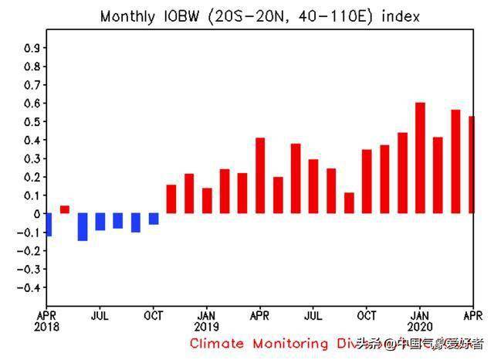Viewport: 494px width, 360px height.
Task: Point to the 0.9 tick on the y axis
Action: [32, 48]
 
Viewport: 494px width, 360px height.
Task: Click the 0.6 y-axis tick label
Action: [32, 104]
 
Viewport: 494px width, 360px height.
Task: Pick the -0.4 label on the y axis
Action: [29, 287]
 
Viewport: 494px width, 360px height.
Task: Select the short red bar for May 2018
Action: [65, 209]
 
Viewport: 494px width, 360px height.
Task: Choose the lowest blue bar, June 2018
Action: [83, 227]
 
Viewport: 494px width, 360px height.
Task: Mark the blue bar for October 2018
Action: [154, 219]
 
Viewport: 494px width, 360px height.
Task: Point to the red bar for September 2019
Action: [349, 203]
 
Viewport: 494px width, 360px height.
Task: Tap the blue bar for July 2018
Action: [100, 222]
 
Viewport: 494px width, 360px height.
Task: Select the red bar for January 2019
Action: [207, 201]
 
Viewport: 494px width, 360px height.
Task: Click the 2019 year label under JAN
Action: [207, 327]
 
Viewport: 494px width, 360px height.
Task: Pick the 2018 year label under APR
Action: [47, 327]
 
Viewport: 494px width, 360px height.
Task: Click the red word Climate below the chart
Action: [218, 343]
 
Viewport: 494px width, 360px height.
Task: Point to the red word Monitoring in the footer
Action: [293, 343]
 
